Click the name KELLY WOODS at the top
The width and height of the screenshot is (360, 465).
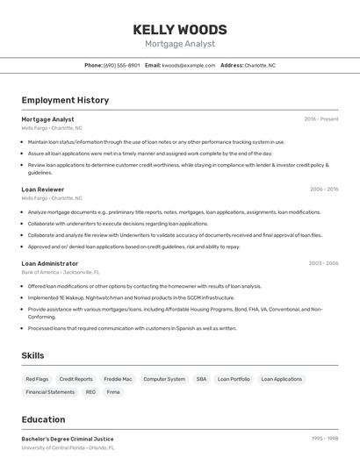tap(180, 30)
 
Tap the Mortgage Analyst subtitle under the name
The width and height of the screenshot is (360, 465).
tap(180, 44)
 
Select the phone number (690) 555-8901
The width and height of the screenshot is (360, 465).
tap(121, 65)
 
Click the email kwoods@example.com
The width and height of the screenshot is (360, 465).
tap(189, 65)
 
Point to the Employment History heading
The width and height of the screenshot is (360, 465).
tap(65, 100)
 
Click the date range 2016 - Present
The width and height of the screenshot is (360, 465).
tap(321, 118)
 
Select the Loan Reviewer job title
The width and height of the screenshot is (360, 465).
tap(43, 190)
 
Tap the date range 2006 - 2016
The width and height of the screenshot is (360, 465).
tap(324, 189)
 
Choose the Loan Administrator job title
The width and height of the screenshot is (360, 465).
tap(50, 262)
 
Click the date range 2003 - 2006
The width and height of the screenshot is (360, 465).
tap(324, 262)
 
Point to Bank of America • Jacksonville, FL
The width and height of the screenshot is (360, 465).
tap(61, 272)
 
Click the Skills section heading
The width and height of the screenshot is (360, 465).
tap(32, 355)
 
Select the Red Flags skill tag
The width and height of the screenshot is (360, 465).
tap(37, 379)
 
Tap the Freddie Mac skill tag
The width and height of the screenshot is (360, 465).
tap(118, 379)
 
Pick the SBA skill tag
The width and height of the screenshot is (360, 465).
tap(201, 379)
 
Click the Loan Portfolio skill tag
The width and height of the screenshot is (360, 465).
tap(234, 379)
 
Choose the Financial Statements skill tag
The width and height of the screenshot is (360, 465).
tap(50, 392)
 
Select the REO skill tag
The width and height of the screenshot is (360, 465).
tap(90, 392)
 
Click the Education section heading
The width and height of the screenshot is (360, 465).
tap(43, 419)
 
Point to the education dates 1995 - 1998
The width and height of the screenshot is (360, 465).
tap(324, 438)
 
